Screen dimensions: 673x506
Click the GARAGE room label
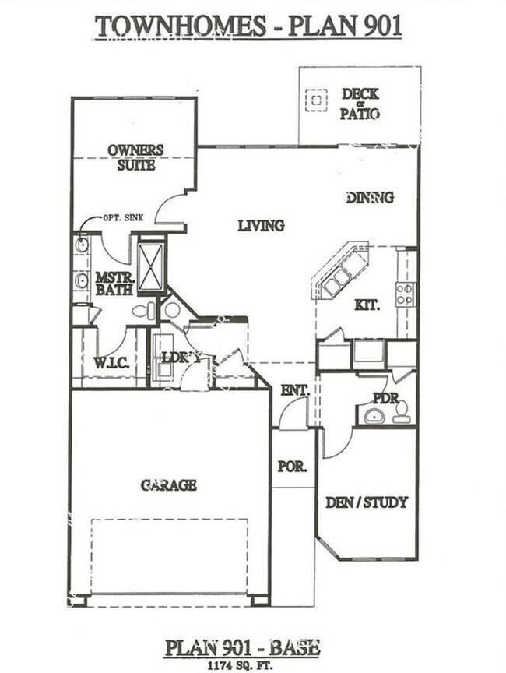pos(168,485)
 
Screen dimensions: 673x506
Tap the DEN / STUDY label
pos(366,502)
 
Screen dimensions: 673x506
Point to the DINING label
pos(370,198)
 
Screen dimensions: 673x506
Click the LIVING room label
pos(261,226)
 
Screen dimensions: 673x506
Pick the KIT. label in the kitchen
pos(367,305)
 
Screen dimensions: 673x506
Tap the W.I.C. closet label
pos(111,362)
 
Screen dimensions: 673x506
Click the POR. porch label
pos(292,467)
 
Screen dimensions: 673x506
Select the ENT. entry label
pos(295,389)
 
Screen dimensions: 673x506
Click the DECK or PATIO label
pos(360,104)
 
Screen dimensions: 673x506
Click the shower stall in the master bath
pos(151,267)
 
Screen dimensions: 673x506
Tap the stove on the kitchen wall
pos(404,294)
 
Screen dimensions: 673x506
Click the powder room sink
pos(374,415)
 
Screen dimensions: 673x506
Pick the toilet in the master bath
pos(144,312)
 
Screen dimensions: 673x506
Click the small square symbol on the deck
pos(316,100)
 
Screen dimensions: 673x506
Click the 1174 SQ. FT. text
pos(241,665)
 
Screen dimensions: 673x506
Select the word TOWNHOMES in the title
pos(180,26)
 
